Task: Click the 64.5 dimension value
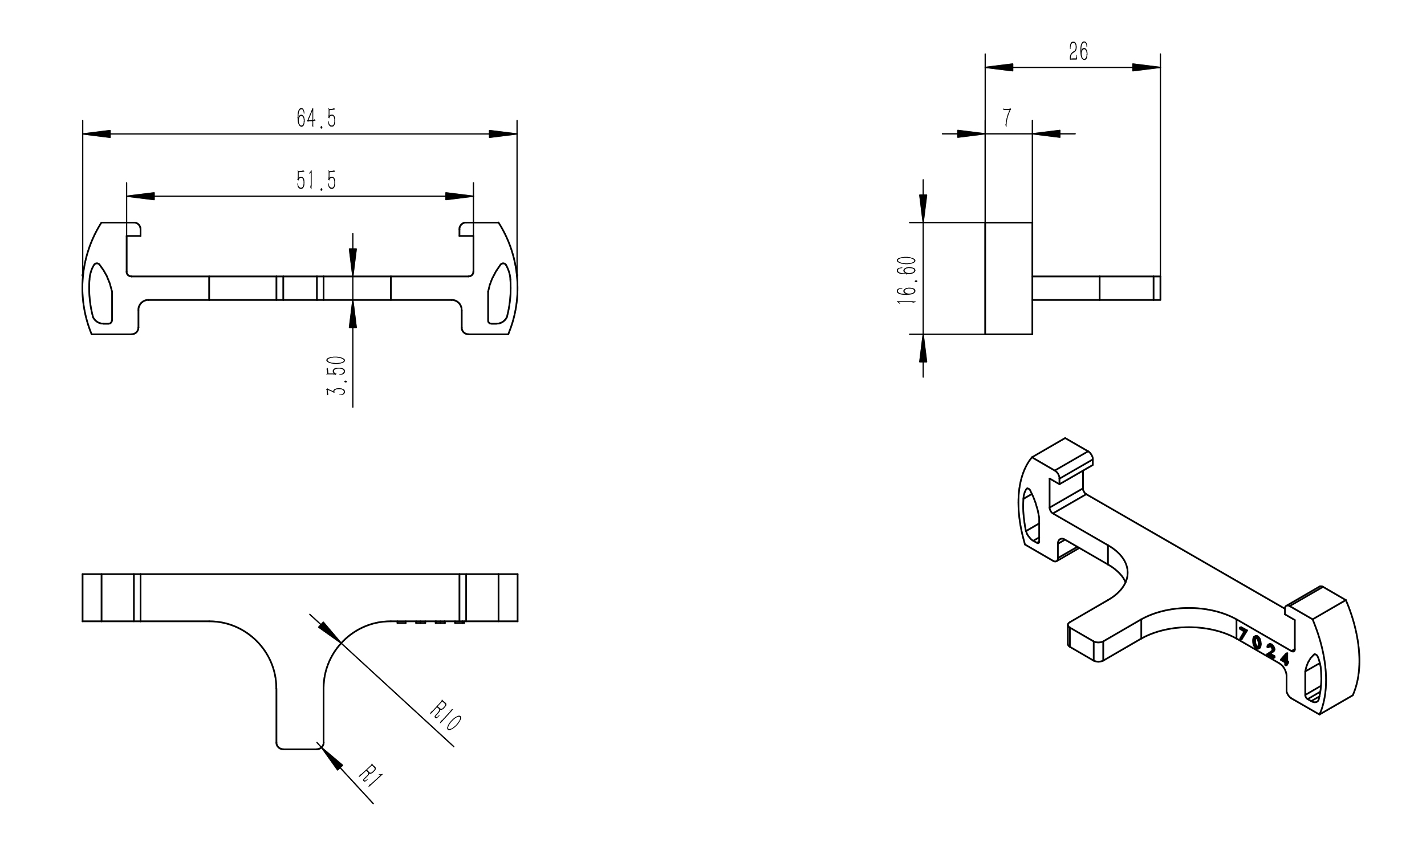316,117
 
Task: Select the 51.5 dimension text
316,180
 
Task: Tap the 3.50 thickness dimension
337,376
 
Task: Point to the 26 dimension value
1078,52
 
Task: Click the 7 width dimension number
1007,117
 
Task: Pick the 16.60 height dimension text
907,280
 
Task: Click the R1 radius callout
370,776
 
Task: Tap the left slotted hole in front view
101,293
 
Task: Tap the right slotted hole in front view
499,293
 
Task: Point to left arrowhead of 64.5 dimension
96,134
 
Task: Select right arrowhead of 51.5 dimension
460,196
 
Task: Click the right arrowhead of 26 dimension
1147,67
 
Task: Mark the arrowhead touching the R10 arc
329,631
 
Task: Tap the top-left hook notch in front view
133,230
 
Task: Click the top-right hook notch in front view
466,230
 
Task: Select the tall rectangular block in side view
1009,278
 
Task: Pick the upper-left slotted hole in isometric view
1031,515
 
